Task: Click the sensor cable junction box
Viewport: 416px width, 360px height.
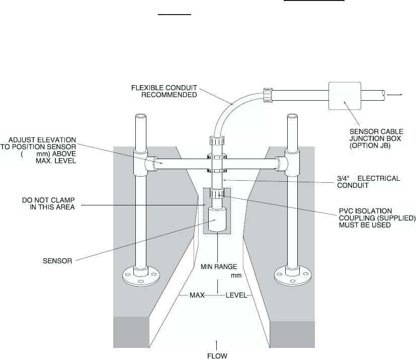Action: click(345, 96)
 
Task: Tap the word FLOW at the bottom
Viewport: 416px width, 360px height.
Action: click(217, 356)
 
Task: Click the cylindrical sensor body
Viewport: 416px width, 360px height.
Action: click(217, 220)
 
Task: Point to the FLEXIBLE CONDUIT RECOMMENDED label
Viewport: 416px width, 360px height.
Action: click(164, 91)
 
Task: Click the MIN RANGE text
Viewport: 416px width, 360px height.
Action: click(219, 266)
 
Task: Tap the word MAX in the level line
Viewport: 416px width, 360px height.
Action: click(197, 295)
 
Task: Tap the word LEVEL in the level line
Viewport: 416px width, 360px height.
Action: click(236, 295)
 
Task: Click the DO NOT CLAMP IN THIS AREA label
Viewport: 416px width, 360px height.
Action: click(49, 203)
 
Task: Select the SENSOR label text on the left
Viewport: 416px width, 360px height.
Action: click(57, 261)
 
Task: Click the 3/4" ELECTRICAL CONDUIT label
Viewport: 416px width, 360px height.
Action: click(368, 182)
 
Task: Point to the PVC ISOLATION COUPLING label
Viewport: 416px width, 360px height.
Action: click(377, 218)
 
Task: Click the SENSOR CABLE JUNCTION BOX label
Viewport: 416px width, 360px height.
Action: click(376, 138)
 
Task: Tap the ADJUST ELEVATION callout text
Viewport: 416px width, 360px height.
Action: click(38, 150)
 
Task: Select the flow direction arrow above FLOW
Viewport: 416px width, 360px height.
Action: click(217, 345)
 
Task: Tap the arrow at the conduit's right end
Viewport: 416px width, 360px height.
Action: click(395, 95)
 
